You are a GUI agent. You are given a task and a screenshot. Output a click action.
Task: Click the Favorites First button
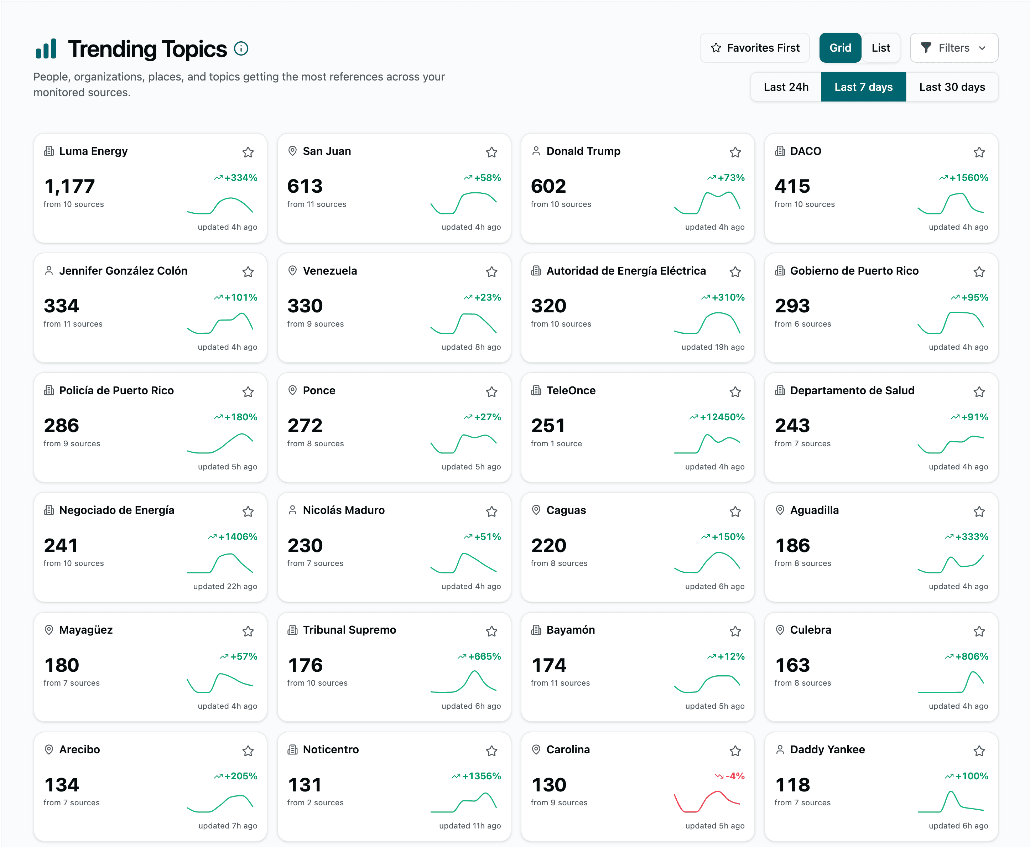tap(754, 48)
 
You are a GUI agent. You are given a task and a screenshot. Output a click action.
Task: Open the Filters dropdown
tap(953, 48)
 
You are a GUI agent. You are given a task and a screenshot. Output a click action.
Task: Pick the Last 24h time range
tap(786, 87)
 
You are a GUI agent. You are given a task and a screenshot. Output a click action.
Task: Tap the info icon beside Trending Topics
tap(241, 49)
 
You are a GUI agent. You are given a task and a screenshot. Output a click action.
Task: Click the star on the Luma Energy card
tap(248, 152)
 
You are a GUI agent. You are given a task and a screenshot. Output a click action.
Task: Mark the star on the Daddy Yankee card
tap(979, 751)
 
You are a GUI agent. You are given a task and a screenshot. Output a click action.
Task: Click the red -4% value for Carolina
tap(734, 776)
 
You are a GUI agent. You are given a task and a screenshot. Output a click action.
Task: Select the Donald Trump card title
tap(583, 151)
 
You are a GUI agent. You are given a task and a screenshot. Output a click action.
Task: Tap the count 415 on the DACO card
tap(792, 186)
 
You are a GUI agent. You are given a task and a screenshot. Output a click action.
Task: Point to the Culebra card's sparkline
tap(951, 683)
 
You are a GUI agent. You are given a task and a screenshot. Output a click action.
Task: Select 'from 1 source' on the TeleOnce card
tap(556, 443)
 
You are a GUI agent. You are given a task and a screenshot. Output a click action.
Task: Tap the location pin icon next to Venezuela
tap(292, 270)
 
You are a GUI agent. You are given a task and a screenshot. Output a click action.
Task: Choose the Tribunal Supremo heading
tap(349, 630)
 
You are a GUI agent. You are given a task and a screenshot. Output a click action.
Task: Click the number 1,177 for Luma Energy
tap(69, 186)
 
